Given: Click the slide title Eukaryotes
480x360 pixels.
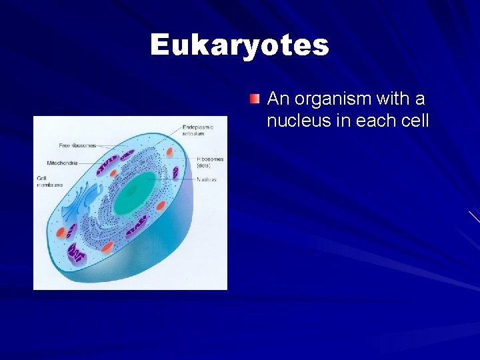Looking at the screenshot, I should [239, 45].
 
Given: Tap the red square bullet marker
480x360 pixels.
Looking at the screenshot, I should [254, 99].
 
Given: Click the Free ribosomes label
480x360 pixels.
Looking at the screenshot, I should [77, 145].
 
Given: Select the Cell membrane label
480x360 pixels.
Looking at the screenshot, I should [49, 181].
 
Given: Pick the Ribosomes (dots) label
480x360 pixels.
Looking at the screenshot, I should [210, 162].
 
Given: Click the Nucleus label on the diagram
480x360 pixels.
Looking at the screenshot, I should [206, 179].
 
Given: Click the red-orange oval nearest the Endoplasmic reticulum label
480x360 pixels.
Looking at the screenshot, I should [169, 152].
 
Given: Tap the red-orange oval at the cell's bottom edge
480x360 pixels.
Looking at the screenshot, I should [107, 247].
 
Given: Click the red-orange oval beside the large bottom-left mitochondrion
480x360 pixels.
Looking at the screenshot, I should [61, 233].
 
